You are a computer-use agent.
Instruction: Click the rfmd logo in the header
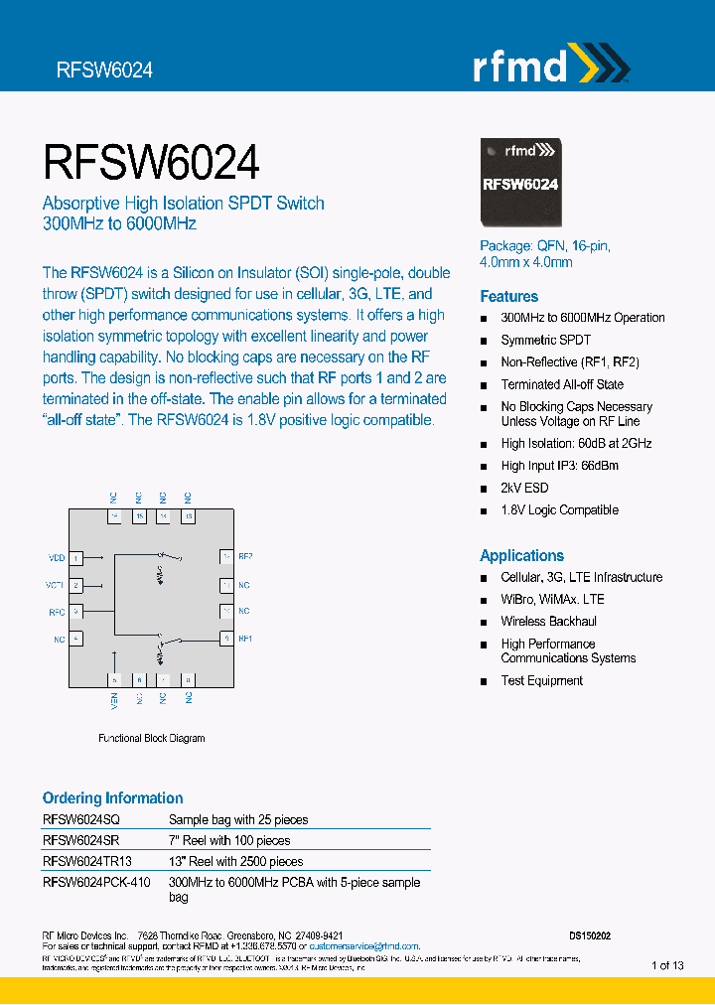point(549,66)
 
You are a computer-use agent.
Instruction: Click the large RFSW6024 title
point(151,161)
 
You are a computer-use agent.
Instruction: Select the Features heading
point(508,296)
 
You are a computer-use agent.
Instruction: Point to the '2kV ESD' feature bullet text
point(524,488)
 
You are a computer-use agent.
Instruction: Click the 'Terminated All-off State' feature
point(562,384)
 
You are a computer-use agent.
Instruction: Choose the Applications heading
point(521,555)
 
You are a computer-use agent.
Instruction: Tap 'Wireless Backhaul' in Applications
point(548,622)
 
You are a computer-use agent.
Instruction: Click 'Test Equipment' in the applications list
point(541,680)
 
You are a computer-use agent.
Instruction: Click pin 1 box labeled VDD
point(75,559)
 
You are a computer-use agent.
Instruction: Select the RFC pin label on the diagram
point(57,613)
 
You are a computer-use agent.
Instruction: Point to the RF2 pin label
point(245,557)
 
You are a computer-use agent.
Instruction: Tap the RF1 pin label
point(245,639)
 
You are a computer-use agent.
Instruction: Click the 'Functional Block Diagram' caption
point(151,739)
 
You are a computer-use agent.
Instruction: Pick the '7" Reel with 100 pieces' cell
point(229,840)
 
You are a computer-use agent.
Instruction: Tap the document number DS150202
point(590,935)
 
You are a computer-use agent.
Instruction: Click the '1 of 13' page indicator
point(667,965)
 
